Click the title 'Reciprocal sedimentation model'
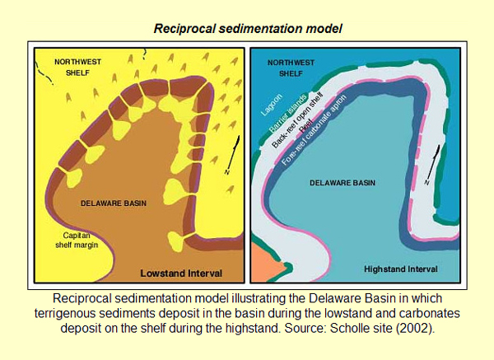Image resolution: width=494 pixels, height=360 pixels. click(246, 28)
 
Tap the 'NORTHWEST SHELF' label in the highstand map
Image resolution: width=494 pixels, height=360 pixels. click(278, 67)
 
